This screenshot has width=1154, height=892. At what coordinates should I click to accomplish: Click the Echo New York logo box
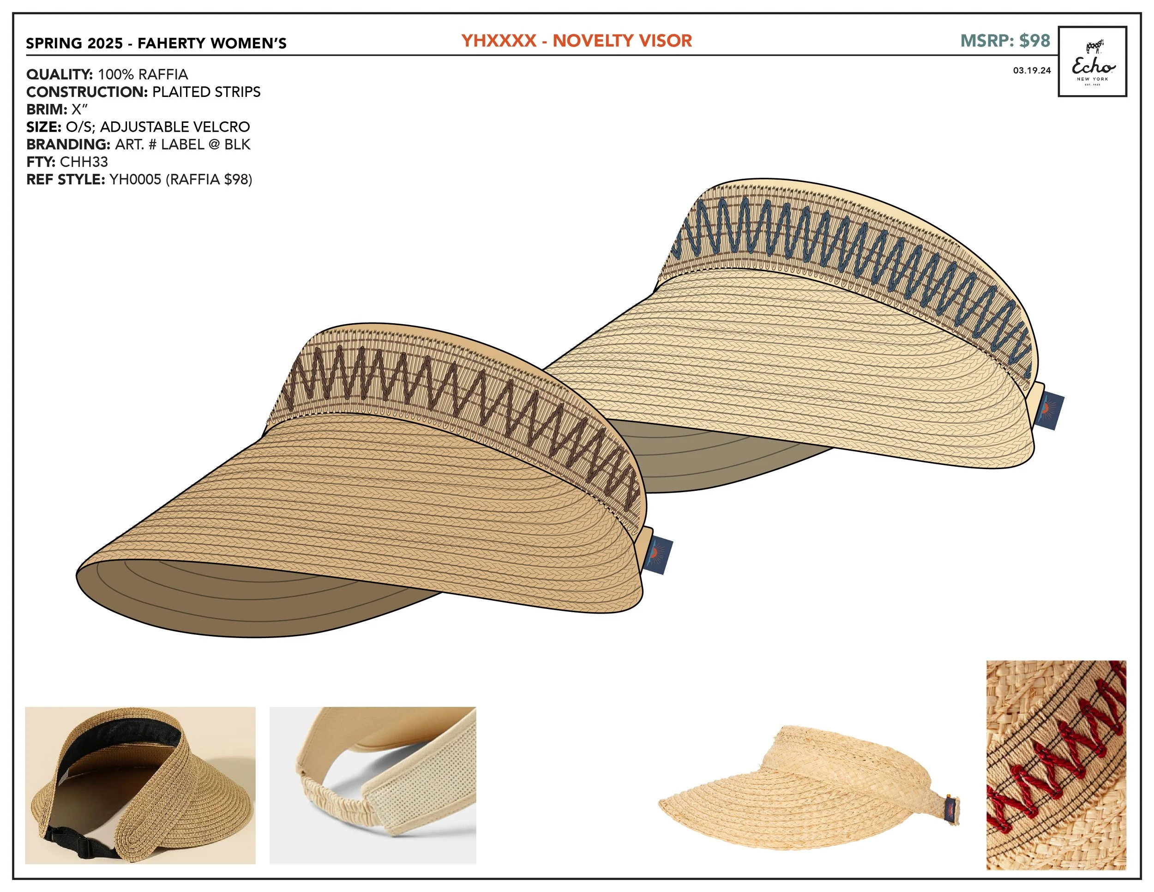(x=1092, y=61)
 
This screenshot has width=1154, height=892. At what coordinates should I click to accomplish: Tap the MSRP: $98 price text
(x=1004, y=41)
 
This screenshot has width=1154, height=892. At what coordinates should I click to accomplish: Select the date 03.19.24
(x=1031, y=71)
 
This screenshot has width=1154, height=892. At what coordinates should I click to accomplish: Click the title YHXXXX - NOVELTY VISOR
(x=577, y=41)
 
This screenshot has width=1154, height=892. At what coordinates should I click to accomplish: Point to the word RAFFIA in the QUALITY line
(x=164, y=74)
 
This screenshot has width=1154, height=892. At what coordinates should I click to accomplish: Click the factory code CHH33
(x=84, y=162)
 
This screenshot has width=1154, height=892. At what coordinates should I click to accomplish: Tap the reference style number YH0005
(x=135, y=180)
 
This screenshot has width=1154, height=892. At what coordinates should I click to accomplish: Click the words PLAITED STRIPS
(x=206, y=92)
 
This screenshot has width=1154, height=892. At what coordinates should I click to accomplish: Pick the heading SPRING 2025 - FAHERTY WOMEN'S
(x=156, y=43)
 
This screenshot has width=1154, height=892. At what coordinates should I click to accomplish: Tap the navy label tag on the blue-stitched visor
(x=1051, y=411)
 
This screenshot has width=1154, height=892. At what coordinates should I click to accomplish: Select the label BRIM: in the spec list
(x=47, y=109)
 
